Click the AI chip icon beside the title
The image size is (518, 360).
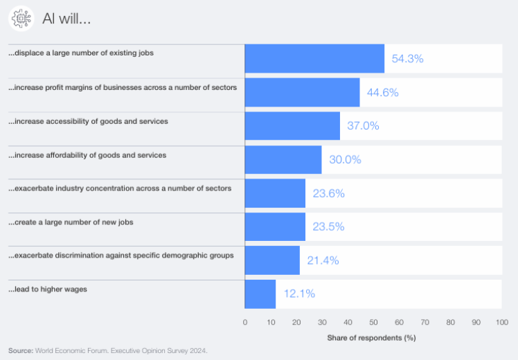point(21,19)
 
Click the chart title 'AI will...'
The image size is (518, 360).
point(66,19)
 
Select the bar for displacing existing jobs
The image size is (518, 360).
point(314,59)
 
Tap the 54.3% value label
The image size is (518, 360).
point(407,59)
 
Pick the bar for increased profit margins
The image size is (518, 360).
point(302,93)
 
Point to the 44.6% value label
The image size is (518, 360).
point(382,93)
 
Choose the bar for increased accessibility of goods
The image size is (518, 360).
point(292,126)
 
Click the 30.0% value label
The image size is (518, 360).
point(345,160)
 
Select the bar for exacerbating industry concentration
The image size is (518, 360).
point(275,194)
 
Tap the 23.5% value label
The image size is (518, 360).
point(328,226)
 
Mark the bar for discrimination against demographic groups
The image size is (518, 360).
point(272,260)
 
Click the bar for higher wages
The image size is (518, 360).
point(260,294)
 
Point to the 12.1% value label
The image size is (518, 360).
point(299,294)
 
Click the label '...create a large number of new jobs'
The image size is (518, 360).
point(71,222)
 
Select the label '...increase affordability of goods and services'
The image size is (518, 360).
point(87,155)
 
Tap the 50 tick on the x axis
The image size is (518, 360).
point(373,323)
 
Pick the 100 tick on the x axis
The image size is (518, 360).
point(502,323)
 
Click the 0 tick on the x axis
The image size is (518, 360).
point(244,323)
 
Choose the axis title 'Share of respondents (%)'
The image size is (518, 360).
point(371,338)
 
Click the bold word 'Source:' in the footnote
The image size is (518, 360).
point(21,351)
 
